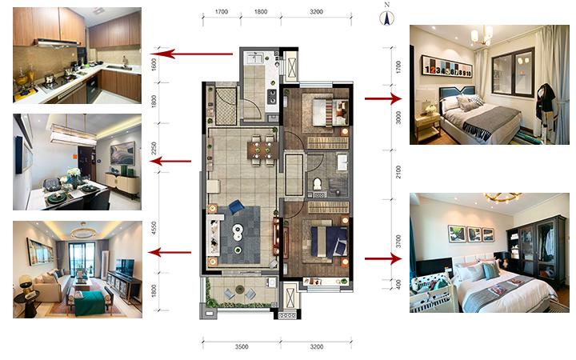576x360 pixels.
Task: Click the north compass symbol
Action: [387, 18]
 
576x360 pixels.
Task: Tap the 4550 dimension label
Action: [154, 228]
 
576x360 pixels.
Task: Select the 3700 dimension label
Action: [398, 242]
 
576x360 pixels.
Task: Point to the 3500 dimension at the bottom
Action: [242, 346]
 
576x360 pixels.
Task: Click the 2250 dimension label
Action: [154, 149]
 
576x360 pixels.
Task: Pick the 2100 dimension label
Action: [398, 172]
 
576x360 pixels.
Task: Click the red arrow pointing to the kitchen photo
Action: [191, 54]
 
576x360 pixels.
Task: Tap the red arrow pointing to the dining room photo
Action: [171, 161]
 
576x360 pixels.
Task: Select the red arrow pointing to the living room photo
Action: [170, 252]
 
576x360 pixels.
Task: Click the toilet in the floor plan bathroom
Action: [317, 184]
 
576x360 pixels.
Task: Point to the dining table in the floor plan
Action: [263, 150]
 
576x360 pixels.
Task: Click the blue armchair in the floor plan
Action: [236, 207]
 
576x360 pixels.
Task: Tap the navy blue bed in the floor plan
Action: [329, 242]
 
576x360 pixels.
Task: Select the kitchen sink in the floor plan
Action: [255, 58]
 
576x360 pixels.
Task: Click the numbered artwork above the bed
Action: [447, 66]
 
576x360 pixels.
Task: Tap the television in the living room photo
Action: [126, 267]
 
